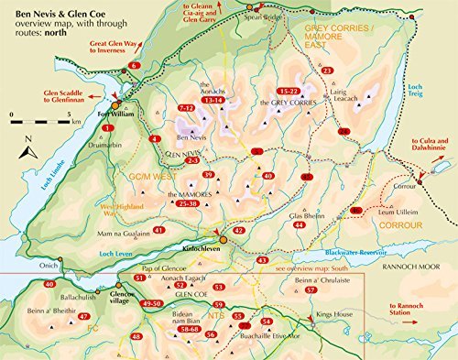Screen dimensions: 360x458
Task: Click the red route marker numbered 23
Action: click(327, 71)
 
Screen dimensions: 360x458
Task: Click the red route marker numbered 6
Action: click(135, 66)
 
